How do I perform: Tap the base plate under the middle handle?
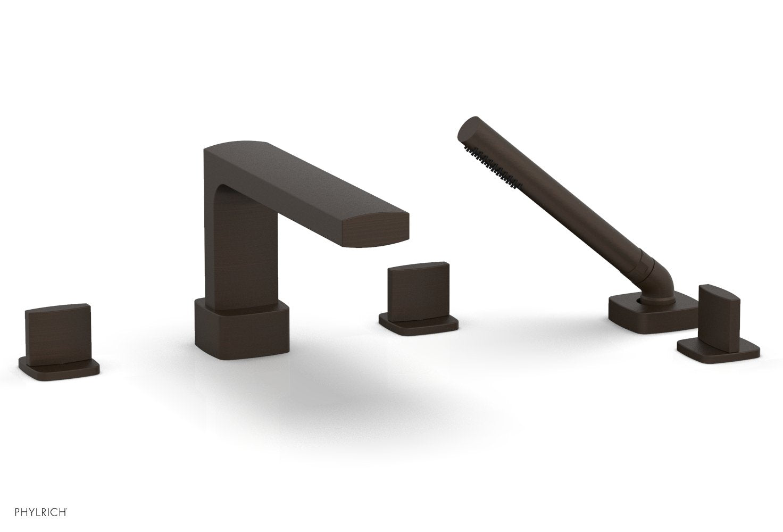point(418,325)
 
